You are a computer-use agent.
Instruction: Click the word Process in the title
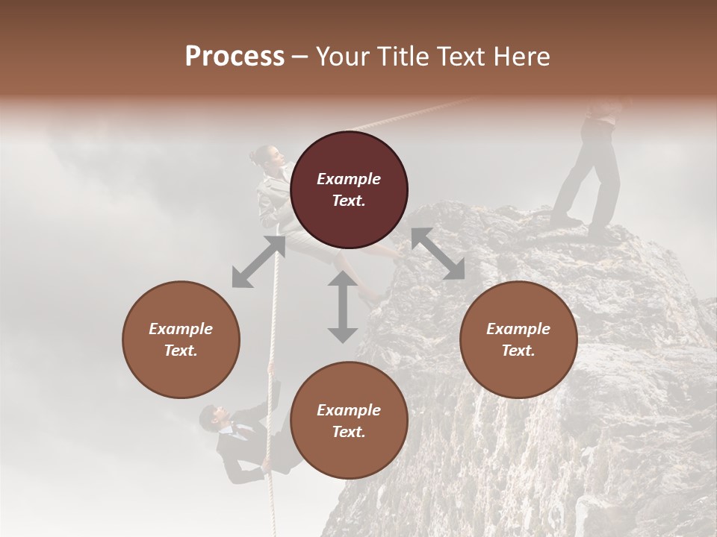coord(235,57)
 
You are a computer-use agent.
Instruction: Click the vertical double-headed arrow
coord(343,307)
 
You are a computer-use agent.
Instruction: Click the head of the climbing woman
coord(267,156)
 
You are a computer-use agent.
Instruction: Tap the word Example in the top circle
coord(349,179)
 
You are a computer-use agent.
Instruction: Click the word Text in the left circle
coord(181,351)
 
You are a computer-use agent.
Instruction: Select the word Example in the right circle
coord(518,329)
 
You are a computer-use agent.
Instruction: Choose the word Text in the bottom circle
coord(349,432)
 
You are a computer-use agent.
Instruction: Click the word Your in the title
coord(341,57)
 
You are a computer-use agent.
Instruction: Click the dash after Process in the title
coord(300,57)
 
